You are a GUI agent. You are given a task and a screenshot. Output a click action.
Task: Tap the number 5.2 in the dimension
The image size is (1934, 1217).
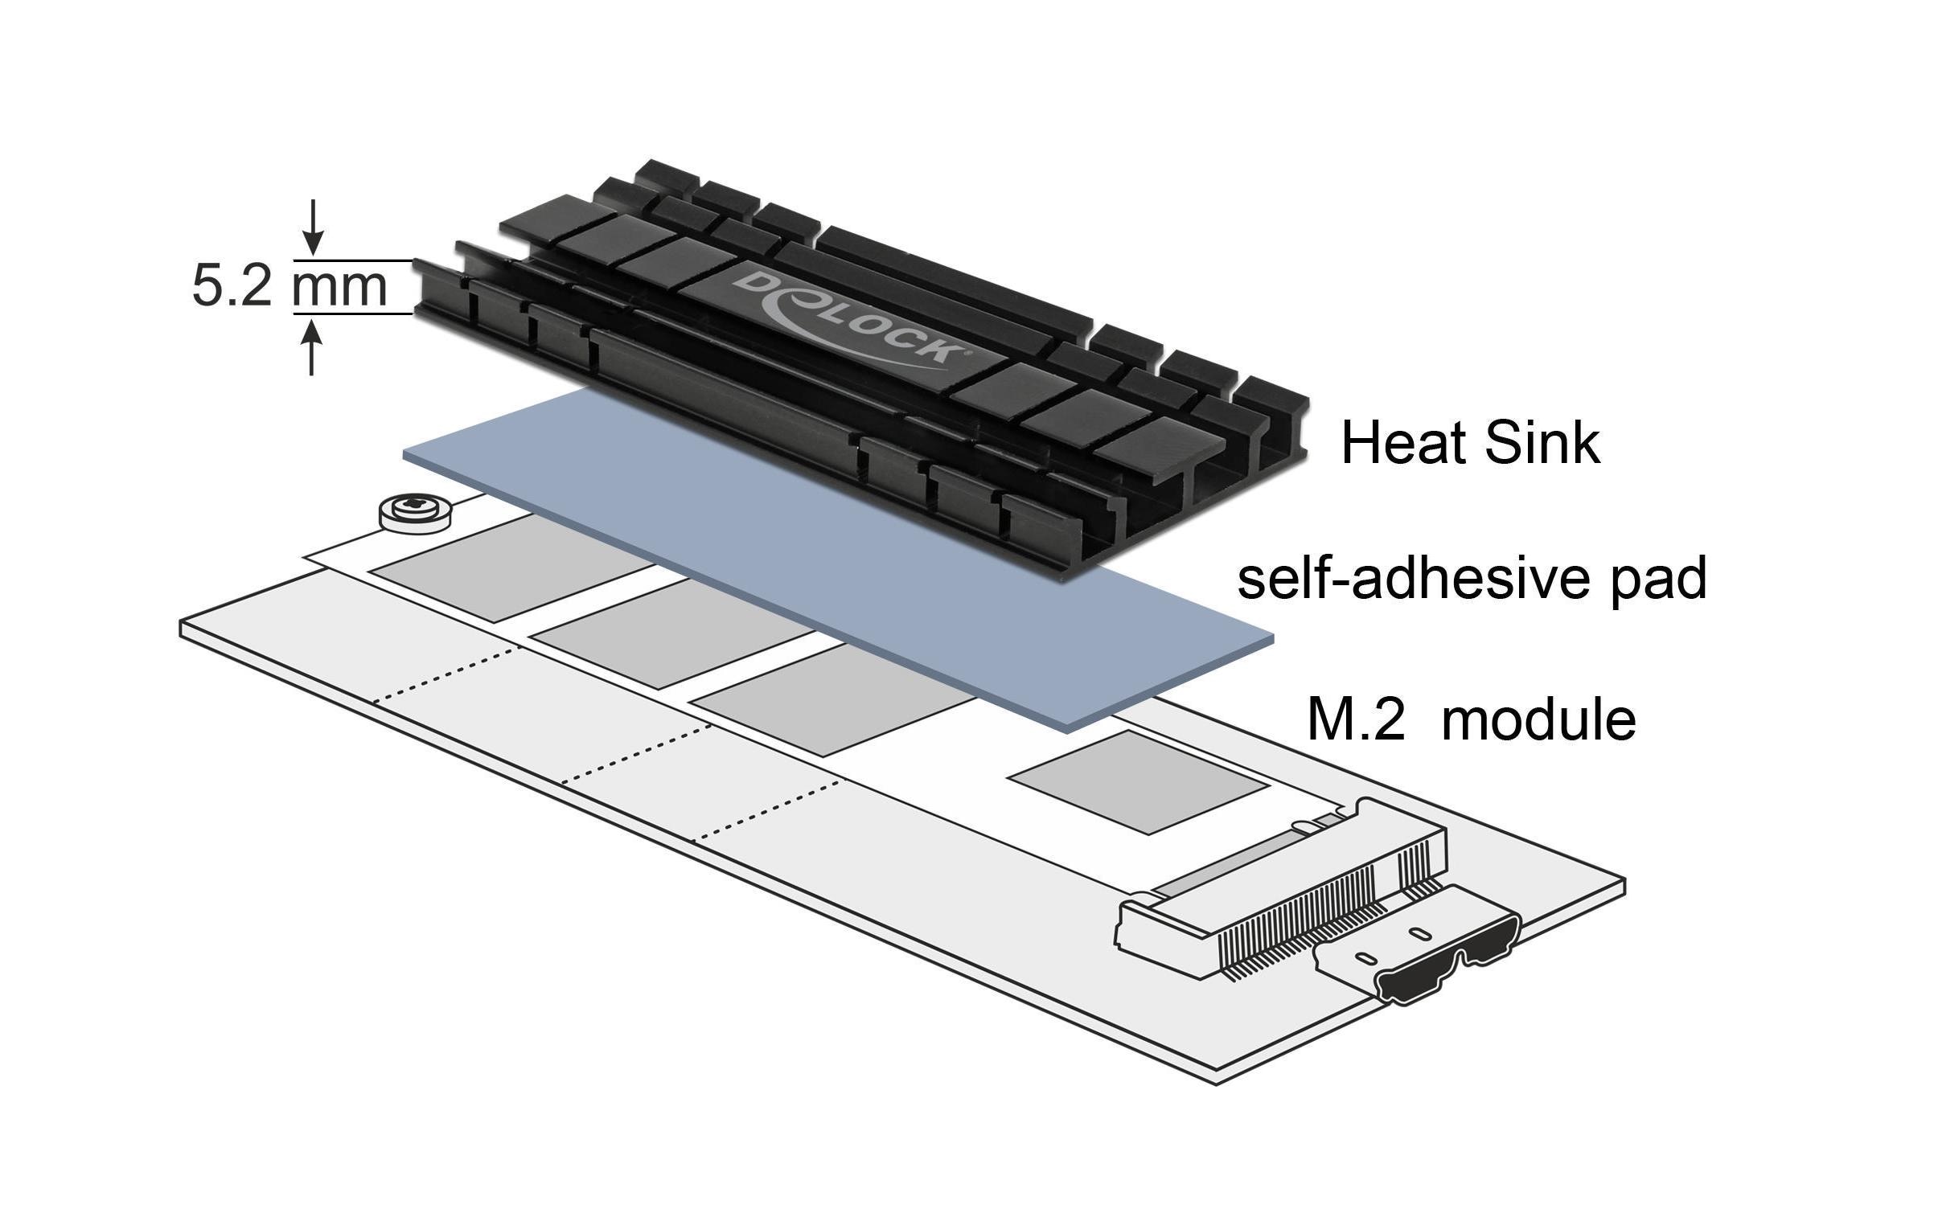232,286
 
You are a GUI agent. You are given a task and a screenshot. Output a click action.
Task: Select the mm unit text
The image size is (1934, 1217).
339,286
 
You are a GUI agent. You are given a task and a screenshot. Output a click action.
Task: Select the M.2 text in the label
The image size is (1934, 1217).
1356,719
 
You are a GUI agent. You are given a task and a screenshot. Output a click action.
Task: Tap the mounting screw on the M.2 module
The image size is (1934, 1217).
414,511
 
